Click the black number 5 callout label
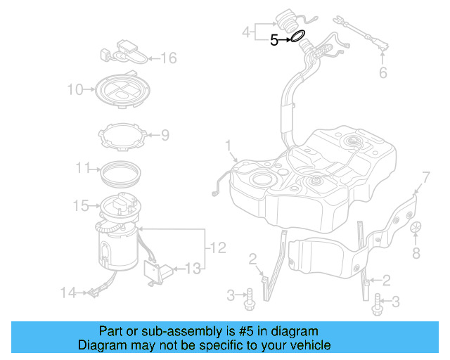tap(275, 41)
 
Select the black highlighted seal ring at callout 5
tap(297, 36)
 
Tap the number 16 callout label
tap(169, 58)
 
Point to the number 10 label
tap(75, 89)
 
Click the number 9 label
tap(165, 134)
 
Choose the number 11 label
tap(83, 168)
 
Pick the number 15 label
tap(80, 206)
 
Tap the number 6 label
tap(383, 72)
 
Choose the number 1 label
tap(228, 145)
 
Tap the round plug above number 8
tap(416, 228)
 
